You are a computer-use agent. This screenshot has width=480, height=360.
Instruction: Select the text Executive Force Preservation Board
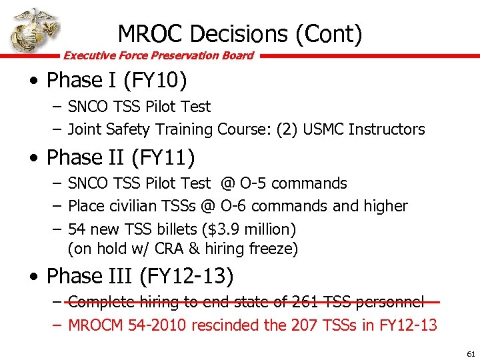(158, 55)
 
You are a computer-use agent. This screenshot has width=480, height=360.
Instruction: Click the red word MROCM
(96, 325)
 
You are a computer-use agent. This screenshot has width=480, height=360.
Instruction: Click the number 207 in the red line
(303, 325)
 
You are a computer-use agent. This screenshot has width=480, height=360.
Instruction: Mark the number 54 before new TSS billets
(77, 229)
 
